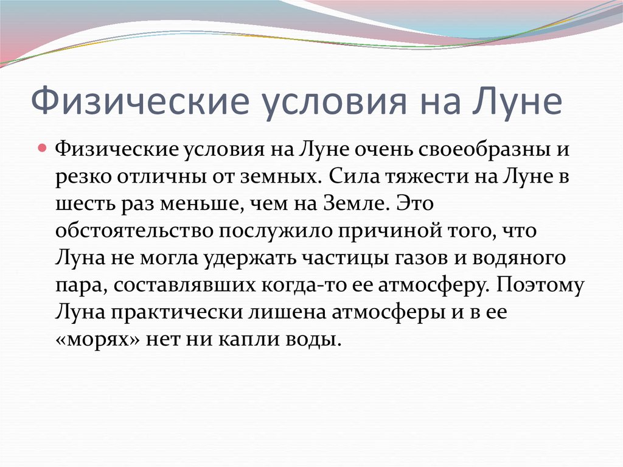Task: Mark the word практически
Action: point(176,314)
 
